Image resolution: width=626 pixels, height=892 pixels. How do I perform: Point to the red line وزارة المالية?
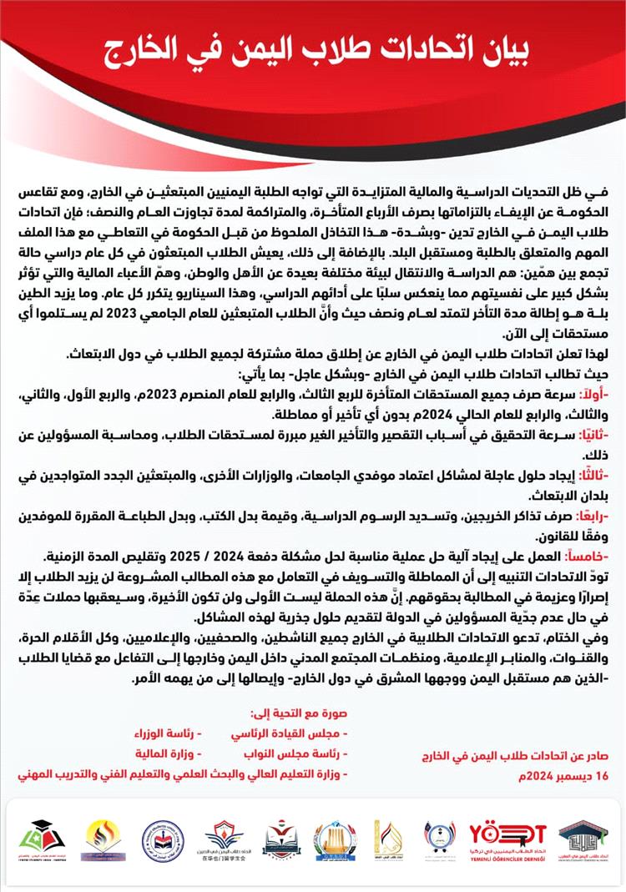166,753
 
